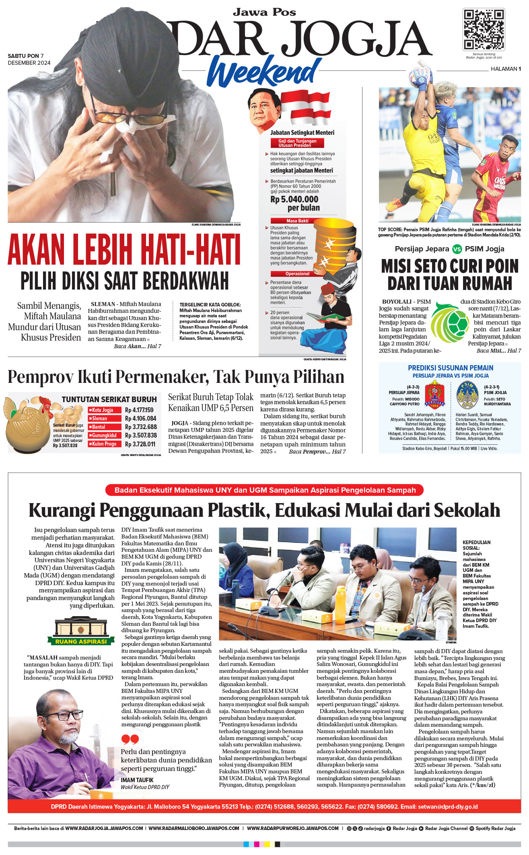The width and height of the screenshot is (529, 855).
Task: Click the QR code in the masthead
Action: pyautogui.click(x=484, y=29)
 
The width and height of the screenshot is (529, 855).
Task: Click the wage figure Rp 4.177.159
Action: pyautogui.click(x=139, y=410)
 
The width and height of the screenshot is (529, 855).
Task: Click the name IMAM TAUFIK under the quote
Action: pyautogui.click(x=137, y=780)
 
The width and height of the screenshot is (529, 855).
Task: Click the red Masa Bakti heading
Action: pyautogui.click(x=297, y=221)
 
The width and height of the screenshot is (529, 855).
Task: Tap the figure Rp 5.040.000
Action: pyautogui.click(x=294, y=199)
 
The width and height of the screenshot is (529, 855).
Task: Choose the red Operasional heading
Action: pyautogui.click(x=297, y=273)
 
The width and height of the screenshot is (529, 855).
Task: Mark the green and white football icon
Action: pyautogui.click(x=449, y=322)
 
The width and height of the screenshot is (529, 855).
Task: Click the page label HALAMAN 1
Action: pyautogui.click(x=506, y=69)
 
